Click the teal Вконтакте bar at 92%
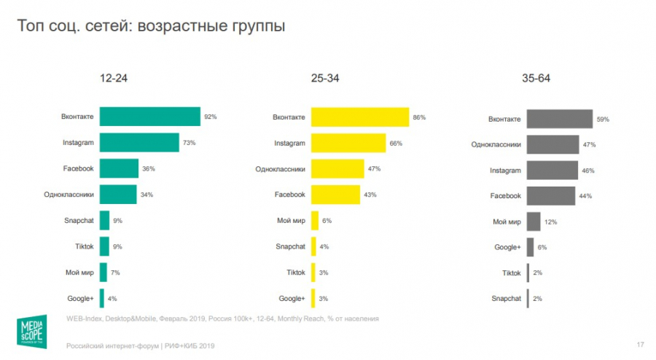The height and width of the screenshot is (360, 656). point(149,117)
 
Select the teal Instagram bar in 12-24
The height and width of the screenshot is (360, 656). point(139,143)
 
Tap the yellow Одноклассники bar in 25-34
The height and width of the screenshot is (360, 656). point(337,169)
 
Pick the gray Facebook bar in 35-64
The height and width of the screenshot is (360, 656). point(550,196)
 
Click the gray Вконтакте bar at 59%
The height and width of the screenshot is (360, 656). point(559,119)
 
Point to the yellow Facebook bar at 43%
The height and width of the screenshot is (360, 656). point(335,195)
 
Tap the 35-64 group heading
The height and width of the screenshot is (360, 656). point(536,78)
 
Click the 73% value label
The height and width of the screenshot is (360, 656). point(189,143)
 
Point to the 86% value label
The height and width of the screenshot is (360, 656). point(418,117)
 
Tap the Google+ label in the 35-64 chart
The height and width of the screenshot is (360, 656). point(507,247)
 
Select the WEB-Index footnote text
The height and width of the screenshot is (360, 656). point(222,318)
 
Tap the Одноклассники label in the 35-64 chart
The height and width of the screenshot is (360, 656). point(496,144)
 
